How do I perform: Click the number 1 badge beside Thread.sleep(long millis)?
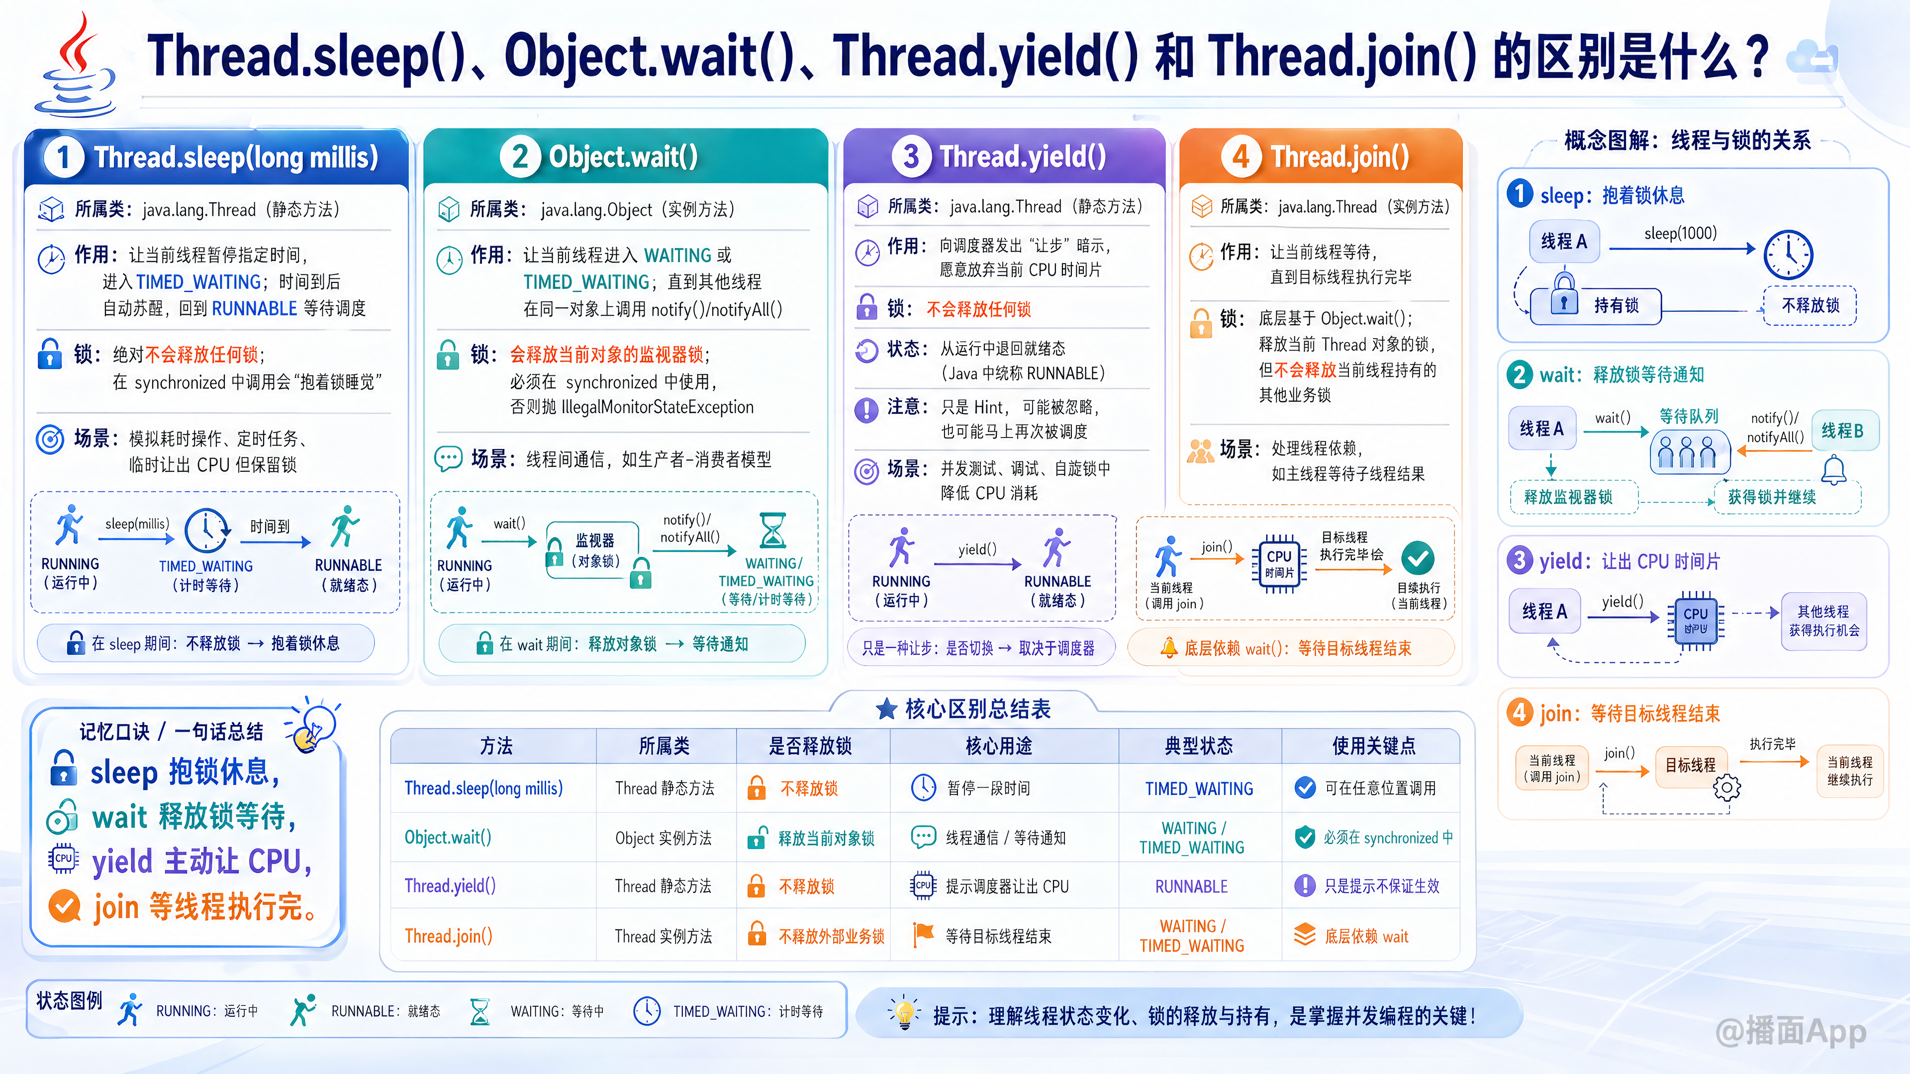coord(63,157)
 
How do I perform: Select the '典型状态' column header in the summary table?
coord(1199,746)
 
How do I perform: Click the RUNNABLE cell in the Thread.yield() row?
coord(1192,887)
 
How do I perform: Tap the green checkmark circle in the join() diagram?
coord(1417,558)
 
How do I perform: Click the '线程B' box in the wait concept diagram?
coord(1844,431)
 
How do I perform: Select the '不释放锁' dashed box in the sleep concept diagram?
coord(1810,305)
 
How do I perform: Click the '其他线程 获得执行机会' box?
coord(1823,621)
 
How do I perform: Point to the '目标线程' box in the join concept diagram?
coord(1691,765)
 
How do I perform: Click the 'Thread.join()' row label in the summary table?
coord(449,936)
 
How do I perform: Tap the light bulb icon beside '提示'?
coord(904,1013)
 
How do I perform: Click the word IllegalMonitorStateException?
coord(658,407)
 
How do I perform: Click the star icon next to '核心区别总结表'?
coord(887,710)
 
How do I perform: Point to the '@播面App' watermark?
coord(1791,1031)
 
